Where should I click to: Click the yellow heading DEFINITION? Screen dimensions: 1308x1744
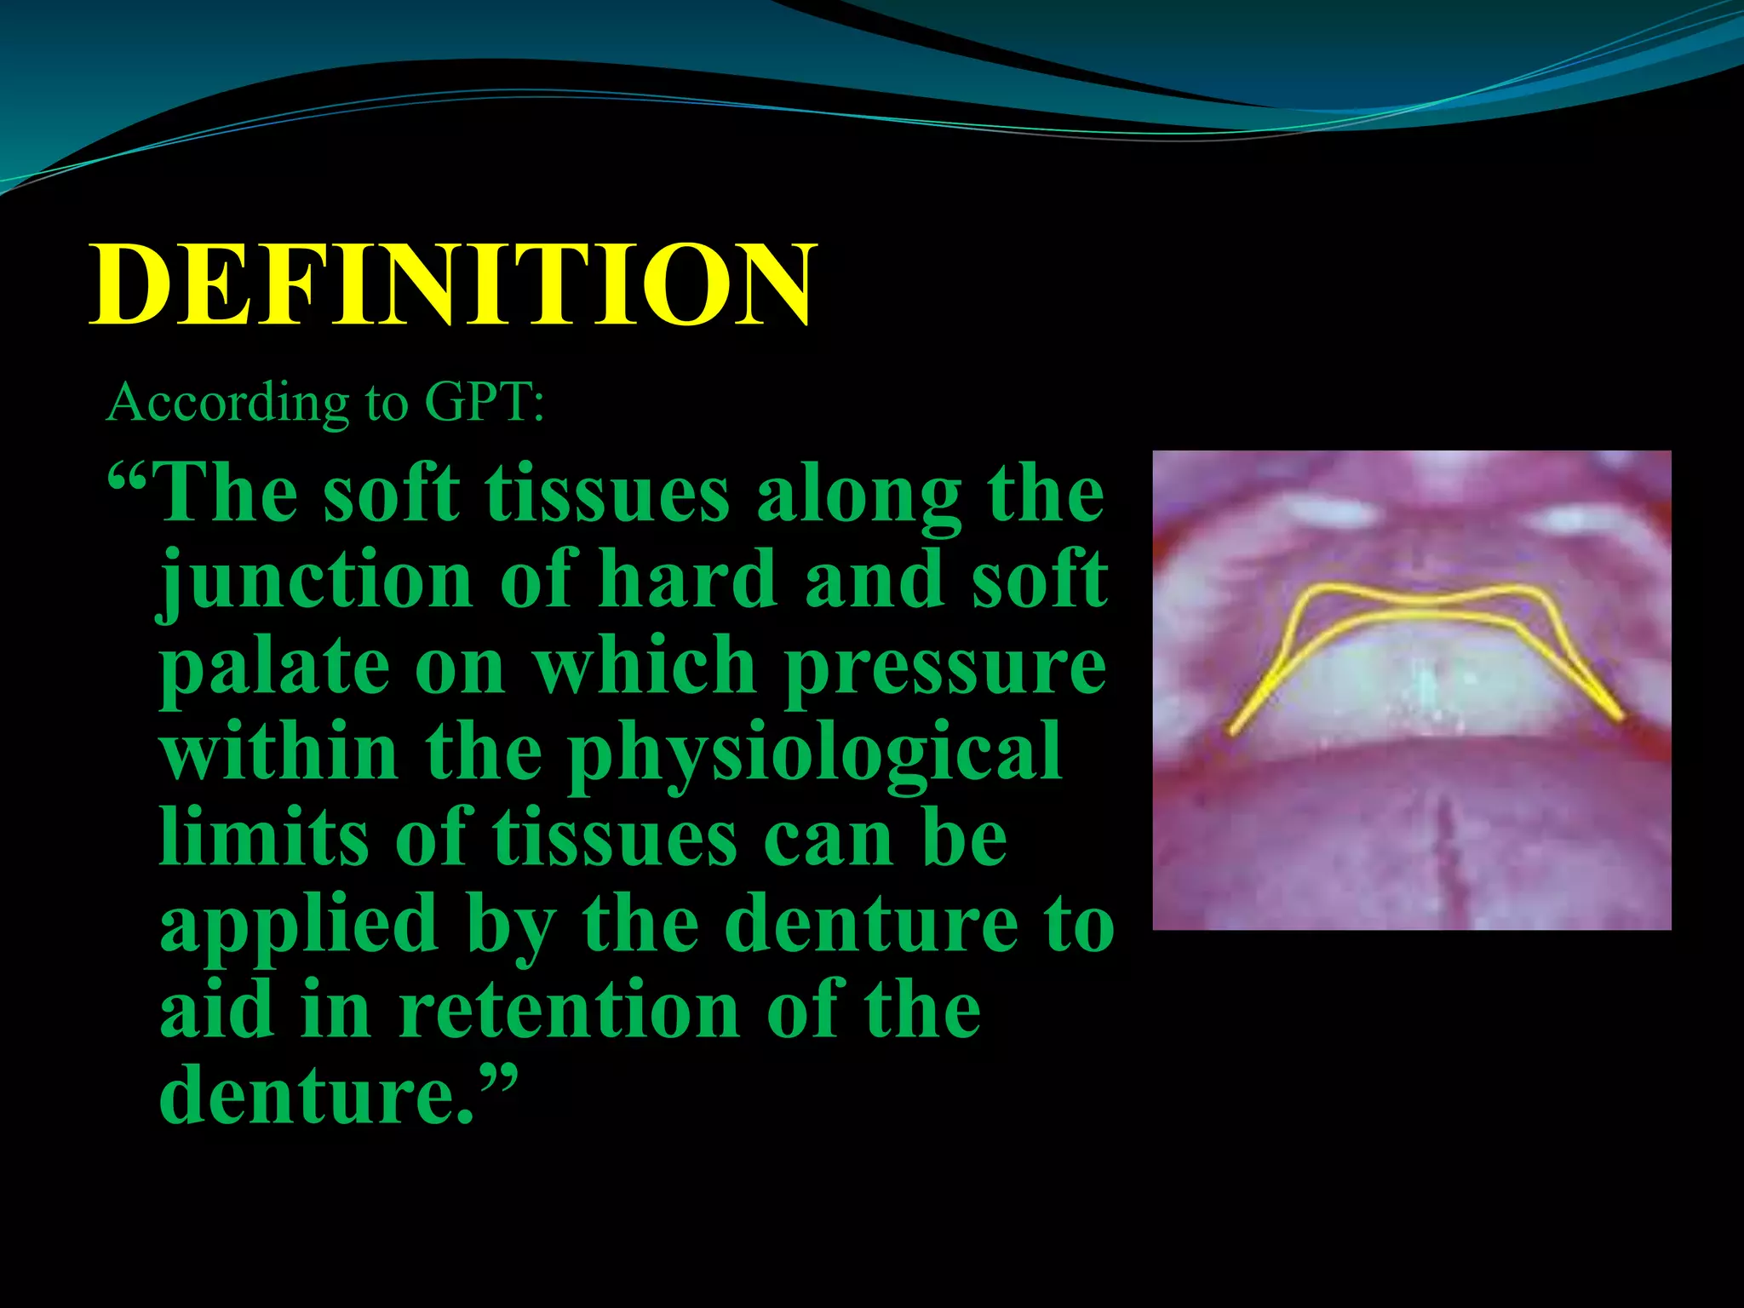tap(453, 285)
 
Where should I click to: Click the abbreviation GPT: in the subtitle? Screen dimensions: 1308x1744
tap(484, 403)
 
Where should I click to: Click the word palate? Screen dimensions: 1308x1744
tap(272, 667)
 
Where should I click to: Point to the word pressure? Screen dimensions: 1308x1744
tap(945, 667)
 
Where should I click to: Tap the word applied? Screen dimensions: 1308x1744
tap(298, 926)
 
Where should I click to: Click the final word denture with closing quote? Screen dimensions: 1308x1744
tap(336, 1096)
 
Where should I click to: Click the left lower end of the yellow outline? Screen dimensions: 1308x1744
tap(1233, 731)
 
